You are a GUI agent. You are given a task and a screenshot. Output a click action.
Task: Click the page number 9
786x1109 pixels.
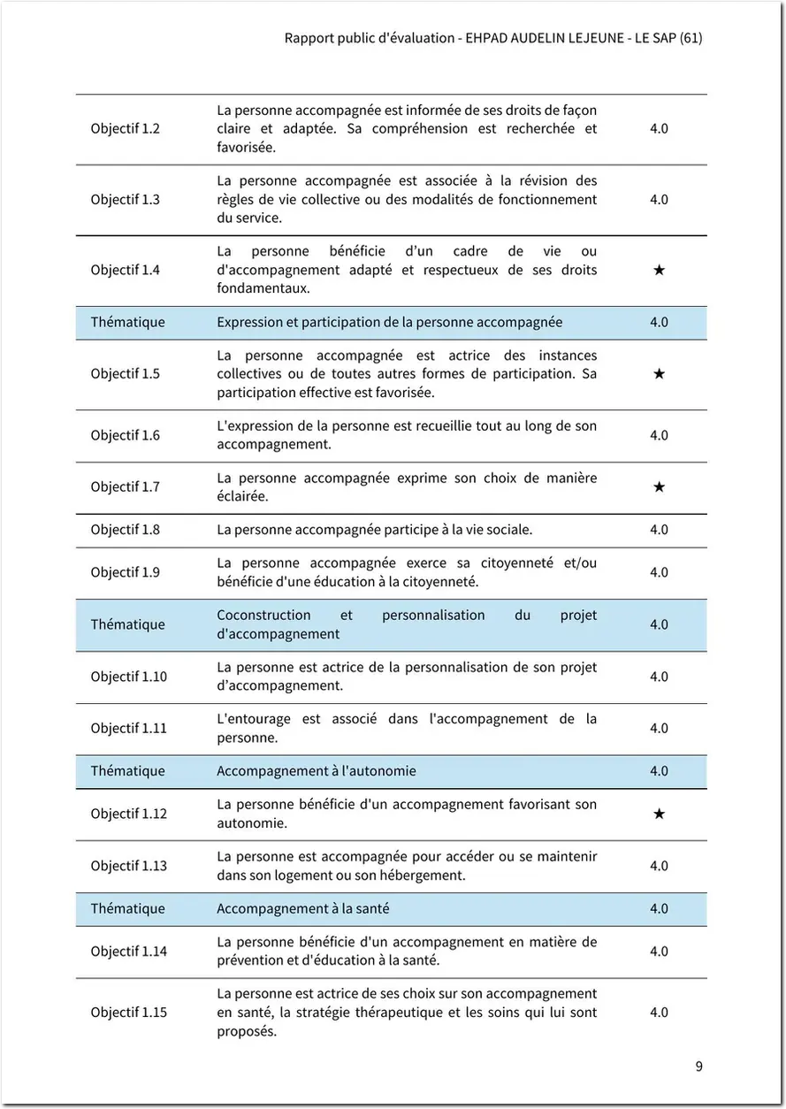click(698, 1066)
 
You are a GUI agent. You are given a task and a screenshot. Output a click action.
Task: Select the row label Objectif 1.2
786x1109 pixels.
click(125, 129)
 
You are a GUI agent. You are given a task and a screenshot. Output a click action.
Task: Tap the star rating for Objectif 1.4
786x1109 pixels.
click(659, 270)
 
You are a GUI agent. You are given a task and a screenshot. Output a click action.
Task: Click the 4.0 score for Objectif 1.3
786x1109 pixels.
click(659, 200)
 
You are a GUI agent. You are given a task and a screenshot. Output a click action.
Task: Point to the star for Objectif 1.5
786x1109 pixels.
click(659, 374)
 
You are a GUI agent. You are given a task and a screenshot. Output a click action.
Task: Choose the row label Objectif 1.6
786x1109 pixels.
click(125, 435)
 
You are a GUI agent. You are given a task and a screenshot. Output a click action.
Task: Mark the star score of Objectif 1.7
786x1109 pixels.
click(659, 487)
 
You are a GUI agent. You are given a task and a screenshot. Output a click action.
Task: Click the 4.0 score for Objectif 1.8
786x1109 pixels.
click(659, 530)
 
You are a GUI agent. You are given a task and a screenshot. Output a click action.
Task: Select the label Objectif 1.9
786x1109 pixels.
click(125, 572)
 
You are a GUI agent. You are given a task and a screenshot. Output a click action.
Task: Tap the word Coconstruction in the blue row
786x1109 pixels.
click(263, 616)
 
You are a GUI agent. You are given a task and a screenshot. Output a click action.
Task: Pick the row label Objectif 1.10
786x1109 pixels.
click(128, 677)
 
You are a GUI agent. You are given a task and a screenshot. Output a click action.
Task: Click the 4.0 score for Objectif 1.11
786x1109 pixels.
click(659, 729)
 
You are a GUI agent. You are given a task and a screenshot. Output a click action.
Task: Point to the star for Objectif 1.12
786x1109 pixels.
click(659, 814)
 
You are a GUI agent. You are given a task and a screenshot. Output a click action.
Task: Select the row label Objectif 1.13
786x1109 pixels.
click(128, 866)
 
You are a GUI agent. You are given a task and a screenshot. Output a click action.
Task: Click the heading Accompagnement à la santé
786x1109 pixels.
click(302, 908)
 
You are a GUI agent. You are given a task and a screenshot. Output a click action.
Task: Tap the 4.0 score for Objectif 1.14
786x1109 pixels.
click(659, 952)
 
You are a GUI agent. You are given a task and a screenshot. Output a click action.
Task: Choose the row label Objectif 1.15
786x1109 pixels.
click(128, 1013)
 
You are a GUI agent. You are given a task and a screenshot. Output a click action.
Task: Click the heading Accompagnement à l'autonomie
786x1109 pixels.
click(316, 771)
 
